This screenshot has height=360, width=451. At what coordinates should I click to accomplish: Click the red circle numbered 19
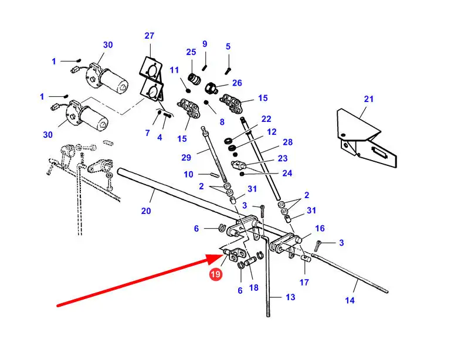216,274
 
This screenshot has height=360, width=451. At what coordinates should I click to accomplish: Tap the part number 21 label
368,99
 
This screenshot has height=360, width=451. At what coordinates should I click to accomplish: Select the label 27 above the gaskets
149,36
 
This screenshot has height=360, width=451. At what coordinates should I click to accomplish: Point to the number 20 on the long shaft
146,210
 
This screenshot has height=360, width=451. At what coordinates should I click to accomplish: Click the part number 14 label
350,300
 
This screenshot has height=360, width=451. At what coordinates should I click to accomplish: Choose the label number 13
290,297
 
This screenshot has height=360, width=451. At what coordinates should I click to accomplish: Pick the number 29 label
186,158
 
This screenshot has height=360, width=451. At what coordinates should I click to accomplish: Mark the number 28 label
287,142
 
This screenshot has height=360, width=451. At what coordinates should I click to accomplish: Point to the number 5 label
228,46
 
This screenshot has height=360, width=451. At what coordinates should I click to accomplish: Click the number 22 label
266,119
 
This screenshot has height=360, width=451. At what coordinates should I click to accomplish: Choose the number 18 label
253,288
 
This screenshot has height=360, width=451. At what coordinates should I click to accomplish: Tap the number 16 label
319,229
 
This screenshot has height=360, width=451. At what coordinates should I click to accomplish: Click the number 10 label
188,174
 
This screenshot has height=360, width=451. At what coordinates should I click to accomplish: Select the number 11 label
174,70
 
